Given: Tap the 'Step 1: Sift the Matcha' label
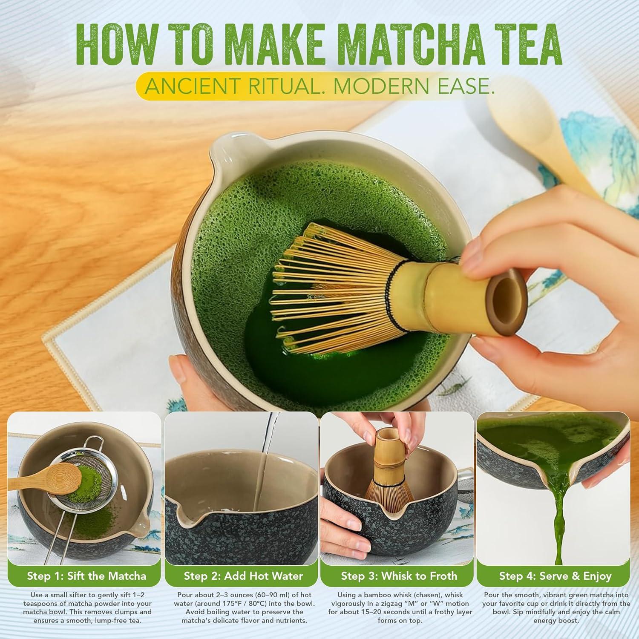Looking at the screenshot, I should point(86,576).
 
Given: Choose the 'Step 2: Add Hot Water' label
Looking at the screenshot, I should point(243,576).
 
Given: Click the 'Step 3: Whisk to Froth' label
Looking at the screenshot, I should point(399,576).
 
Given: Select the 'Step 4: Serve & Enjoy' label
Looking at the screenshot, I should point(555,576).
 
